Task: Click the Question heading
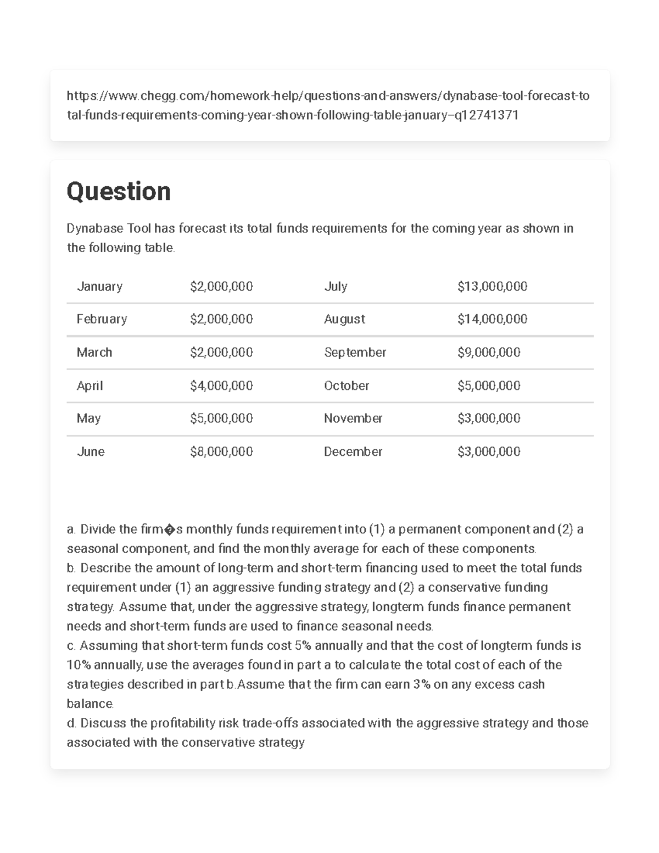pos(118,192)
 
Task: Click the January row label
pos(99,286)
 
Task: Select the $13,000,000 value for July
pos(492,286)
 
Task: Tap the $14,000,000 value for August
pos(492,319)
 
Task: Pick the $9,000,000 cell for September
pos(489,352)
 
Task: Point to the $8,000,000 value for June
pos(221,451)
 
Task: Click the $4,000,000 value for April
pos(221,386)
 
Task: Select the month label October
pos(347,386)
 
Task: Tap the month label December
pos(353,451)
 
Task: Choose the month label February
pos(102,319)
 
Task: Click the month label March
pos(94,352)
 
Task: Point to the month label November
pos(353,419)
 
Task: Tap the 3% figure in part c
pos(420,684)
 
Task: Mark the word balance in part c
pos(90,704)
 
